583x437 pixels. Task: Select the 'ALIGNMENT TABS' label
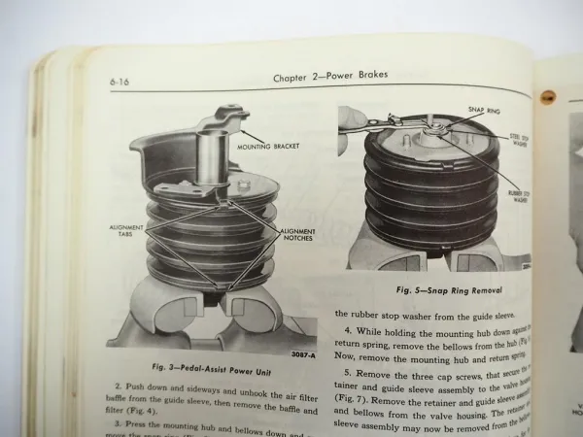126,229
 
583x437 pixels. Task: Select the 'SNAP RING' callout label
483,111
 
